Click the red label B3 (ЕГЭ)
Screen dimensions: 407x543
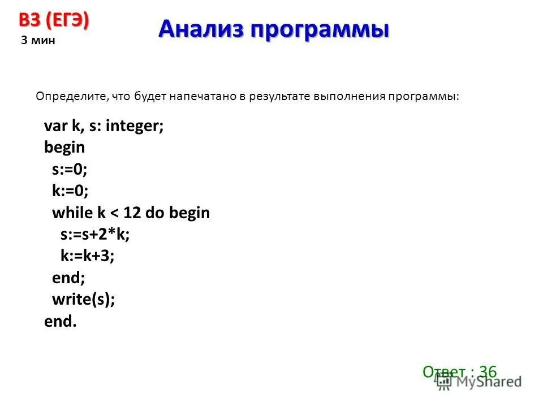54,21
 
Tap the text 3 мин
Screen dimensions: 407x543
38,41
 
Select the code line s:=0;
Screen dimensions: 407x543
70,169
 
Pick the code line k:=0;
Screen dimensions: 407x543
70,191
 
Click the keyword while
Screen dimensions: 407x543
72,213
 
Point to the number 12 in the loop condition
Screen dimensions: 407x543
132,213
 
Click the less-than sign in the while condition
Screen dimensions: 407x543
115,213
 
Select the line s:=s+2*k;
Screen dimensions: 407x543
95,235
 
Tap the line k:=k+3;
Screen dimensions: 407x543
88,256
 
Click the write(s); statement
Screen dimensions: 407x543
83,300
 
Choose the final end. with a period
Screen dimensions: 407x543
60,322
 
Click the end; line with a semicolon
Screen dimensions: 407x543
68,278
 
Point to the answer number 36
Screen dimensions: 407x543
487,371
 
